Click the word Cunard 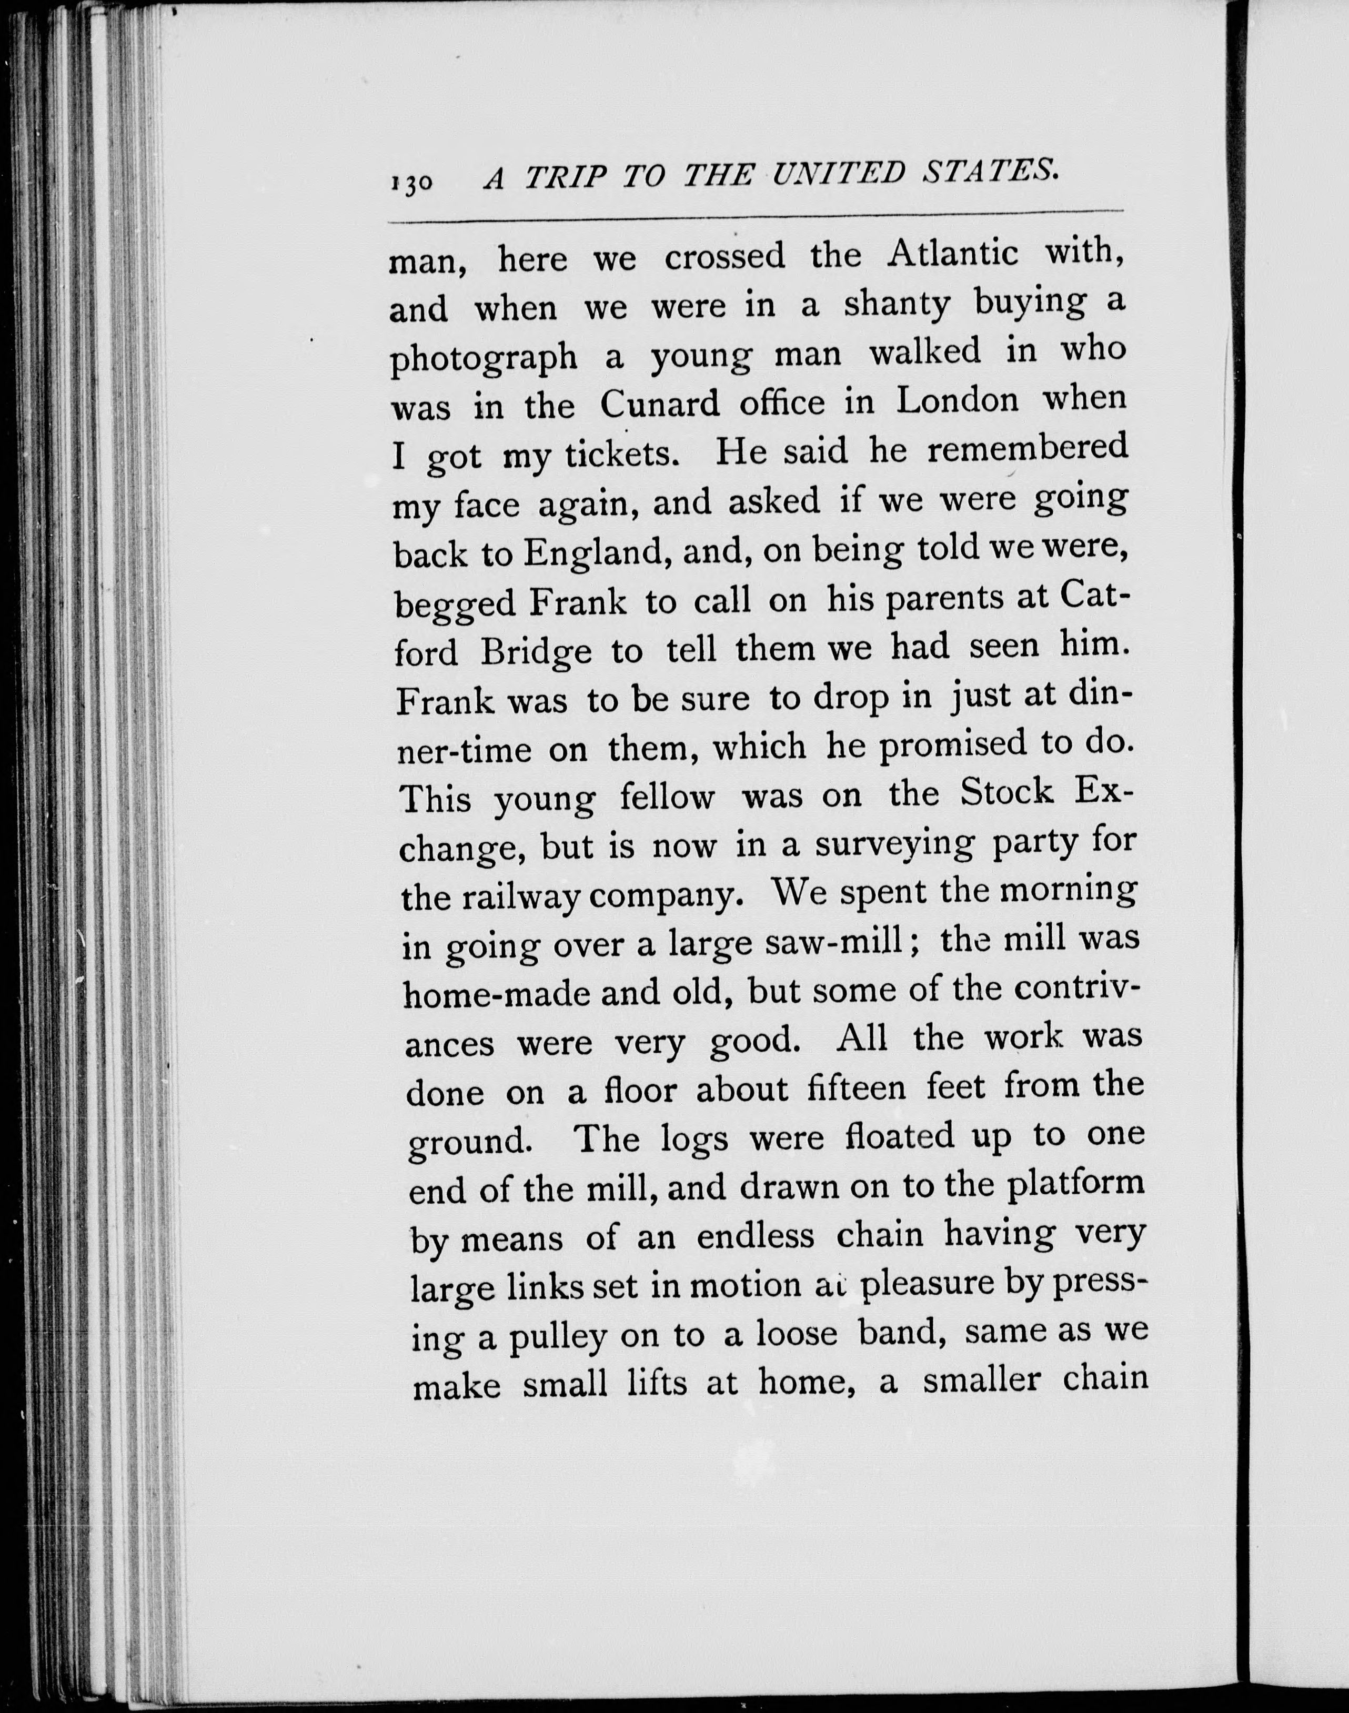click(660, 405)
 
